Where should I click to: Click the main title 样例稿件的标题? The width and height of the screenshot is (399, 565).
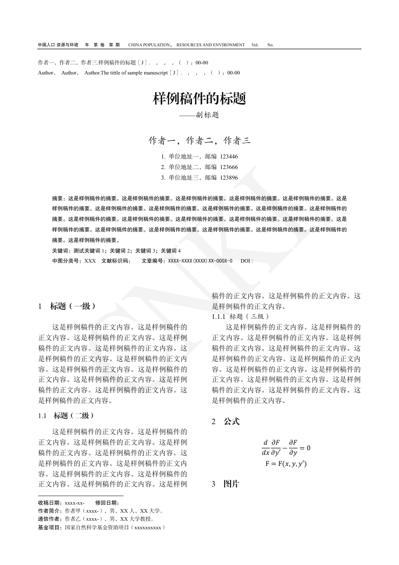click(199, 98)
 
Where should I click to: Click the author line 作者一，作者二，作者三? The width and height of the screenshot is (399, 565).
click(199, 140)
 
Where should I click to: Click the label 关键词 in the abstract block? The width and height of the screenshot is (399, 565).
click(60, 251)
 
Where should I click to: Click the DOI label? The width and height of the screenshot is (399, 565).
click(246, 261)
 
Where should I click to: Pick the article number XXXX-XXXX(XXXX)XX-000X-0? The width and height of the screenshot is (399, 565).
click(200, 261)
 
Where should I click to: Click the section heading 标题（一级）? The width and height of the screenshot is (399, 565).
click(73, 306)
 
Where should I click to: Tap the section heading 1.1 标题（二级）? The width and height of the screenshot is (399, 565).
click(66, 416)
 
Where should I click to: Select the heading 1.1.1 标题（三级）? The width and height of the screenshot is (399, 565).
click(241, 316)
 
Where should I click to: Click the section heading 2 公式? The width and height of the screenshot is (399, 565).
click(226, 421)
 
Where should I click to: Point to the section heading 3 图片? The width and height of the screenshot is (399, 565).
click(226, 485)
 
